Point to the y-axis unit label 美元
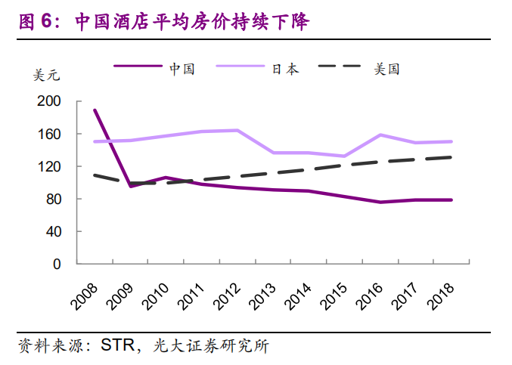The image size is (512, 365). point(46,76)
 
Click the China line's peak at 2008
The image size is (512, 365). point(95,110)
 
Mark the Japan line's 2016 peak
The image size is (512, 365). point(380,135)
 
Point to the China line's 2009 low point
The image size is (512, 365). point(131,186)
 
